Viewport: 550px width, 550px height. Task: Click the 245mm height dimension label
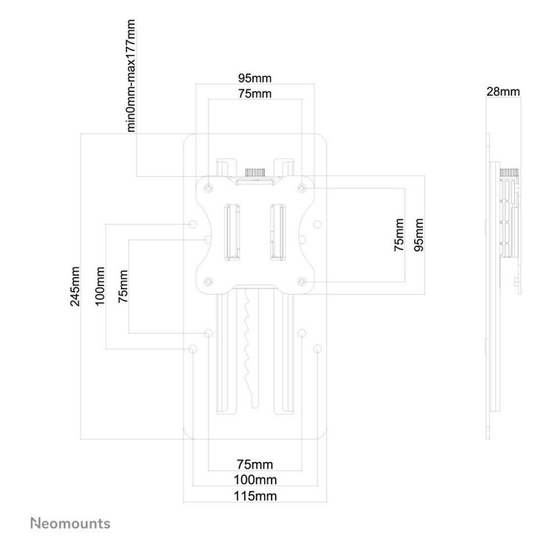point(75,286)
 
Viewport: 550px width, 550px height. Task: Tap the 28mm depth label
point(503,91)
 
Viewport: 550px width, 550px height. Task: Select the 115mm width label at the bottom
point(255,496)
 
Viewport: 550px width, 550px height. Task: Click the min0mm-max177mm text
point(131,76)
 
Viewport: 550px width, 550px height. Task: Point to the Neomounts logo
point(70,523)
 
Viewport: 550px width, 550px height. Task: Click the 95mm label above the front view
point(254,78)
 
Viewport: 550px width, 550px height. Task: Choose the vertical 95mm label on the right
point(419,234)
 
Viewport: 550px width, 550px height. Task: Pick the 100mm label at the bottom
point(255,479)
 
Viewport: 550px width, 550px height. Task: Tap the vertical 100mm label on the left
point(100,286)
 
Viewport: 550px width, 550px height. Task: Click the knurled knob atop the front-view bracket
point(254,173)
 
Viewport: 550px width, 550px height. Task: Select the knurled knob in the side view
point(509,173)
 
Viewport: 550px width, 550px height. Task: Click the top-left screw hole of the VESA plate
point(208,188)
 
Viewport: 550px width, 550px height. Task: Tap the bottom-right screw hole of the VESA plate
point(302,281)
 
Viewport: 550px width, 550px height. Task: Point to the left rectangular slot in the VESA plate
point(232,232)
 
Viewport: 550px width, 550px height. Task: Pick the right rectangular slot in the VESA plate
point(278,232)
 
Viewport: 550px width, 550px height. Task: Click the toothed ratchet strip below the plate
point(250,347)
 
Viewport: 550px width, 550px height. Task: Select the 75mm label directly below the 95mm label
point(254,93)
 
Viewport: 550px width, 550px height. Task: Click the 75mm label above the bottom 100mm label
point(254,465)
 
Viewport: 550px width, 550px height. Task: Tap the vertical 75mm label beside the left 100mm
point(123,286)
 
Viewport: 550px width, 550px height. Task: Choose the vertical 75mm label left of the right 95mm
point(399,234)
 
